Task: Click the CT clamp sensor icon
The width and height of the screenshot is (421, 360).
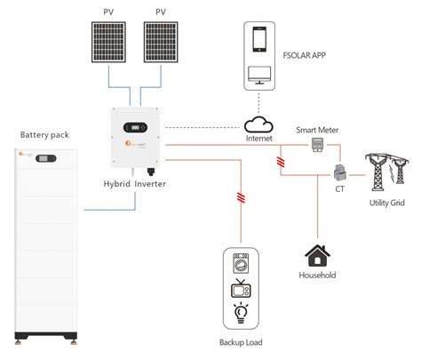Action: (340, 173)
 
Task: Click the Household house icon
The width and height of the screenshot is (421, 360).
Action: (317, 256)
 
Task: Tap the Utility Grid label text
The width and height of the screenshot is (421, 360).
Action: (386, 204)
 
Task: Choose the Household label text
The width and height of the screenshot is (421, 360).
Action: (317, 276)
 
